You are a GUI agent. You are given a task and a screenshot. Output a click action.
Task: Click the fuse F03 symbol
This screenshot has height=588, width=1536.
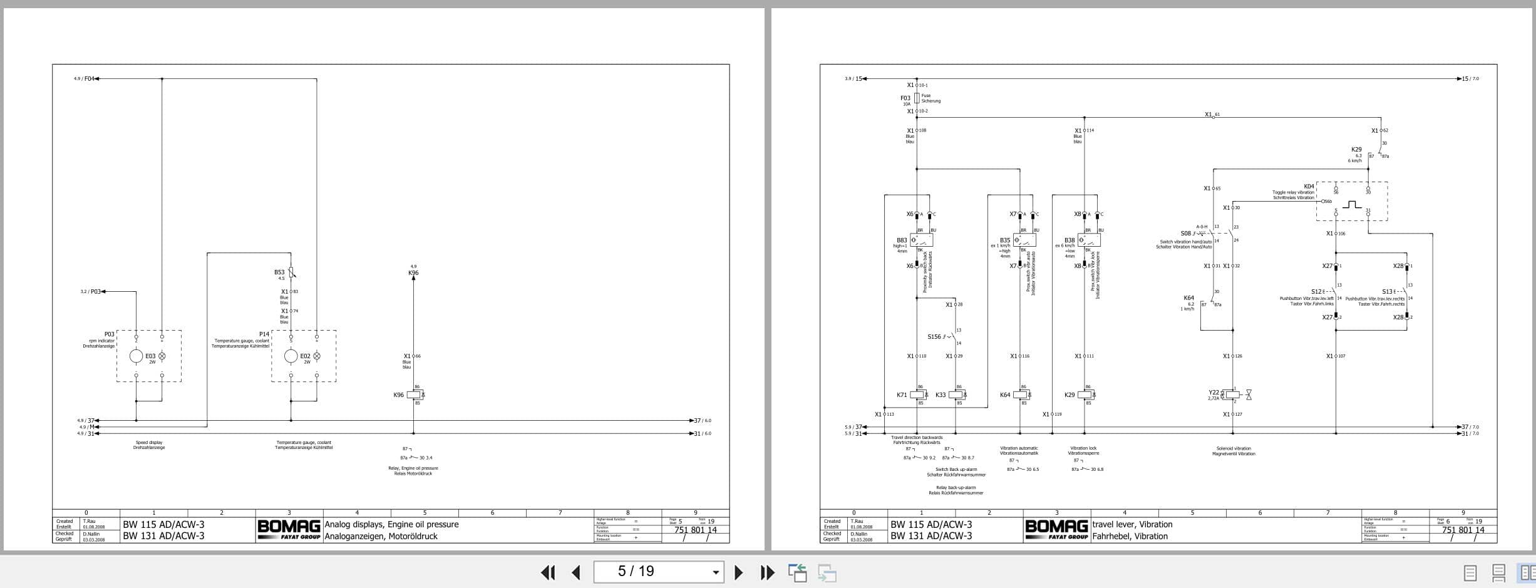pyautogui.click(x=917, y=98)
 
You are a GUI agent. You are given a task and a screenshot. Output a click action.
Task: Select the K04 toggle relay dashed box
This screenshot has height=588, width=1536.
pyautogui.click(x=1351, y=201)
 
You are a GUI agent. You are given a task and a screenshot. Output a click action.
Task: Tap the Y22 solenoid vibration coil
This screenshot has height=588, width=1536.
pyautogui.click(x=1232, y=395)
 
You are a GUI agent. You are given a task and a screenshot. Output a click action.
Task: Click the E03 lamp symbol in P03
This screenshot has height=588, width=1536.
pyautogui.click(x=162, y=356)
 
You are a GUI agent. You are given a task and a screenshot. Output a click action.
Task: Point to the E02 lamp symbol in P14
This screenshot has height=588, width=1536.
pyautogui.click(x=316, y=356)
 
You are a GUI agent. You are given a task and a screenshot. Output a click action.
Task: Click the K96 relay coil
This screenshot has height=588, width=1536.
pyautogui.click(x=415, y=395)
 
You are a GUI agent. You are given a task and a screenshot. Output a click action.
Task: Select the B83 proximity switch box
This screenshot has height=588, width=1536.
pyautogui.click(x=921, y=240)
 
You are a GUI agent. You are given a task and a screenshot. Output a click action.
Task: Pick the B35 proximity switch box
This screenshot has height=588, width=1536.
pyautogui.click(x=1024, y=240)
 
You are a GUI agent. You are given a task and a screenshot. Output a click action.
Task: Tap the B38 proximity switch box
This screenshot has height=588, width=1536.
pyautogui.click(x=1089, y=240)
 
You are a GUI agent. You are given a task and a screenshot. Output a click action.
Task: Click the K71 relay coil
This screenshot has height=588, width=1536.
pyautogui.click(x=919, y=395)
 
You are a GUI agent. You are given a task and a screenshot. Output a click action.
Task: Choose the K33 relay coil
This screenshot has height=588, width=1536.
pyautogui.click(x=956, y=395)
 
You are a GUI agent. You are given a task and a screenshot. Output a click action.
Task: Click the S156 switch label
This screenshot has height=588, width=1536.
pyautogui.click(x=934, y=337)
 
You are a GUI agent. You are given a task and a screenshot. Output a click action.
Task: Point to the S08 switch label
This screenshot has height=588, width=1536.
pyautogui.click(x=1186, y=234)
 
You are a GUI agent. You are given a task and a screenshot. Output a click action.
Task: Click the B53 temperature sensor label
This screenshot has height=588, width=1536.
pyautogui.click(x=279, y=272)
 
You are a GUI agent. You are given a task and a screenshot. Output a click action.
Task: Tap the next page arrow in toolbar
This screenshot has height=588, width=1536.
pyautogui.click(x=738, y=572)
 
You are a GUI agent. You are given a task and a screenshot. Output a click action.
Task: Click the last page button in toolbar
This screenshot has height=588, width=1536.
pyautogui.click(x=767, y=572)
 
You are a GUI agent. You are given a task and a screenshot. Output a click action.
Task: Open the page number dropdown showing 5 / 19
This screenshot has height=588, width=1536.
pyautogui.click(x=716, y=572)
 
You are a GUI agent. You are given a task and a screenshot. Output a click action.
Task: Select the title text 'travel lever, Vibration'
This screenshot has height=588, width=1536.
pyautogui.click(x=1132, y=524)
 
